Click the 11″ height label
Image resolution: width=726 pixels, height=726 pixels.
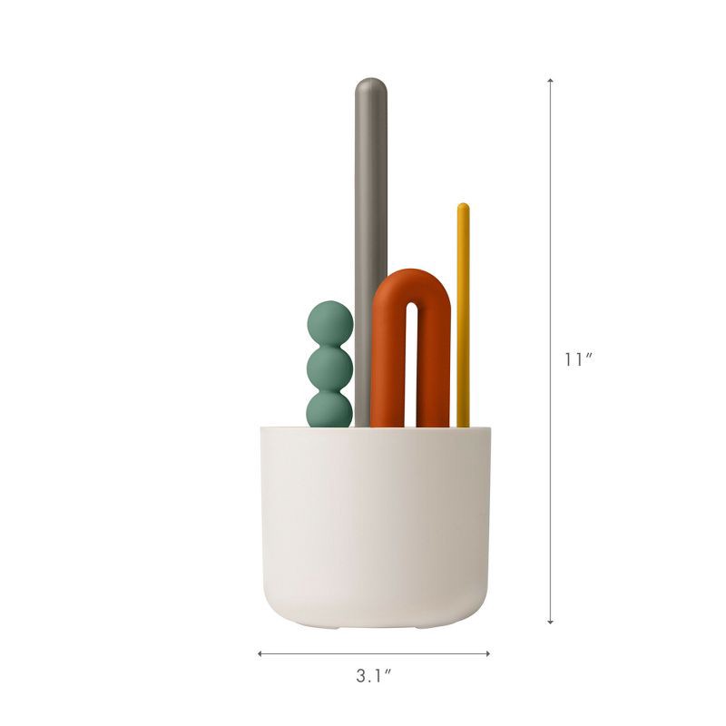[577, 359]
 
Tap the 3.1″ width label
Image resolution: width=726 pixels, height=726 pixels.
[373, 676]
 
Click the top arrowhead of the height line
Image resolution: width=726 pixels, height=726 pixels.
[551, 83]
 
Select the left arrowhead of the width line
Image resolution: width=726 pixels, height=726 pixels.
[261, 652]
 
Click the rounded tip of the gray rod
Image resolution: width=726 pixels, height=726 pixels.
[370, 89]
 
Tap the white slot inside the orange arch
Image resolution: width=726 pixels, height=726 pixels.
[411, 363]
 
